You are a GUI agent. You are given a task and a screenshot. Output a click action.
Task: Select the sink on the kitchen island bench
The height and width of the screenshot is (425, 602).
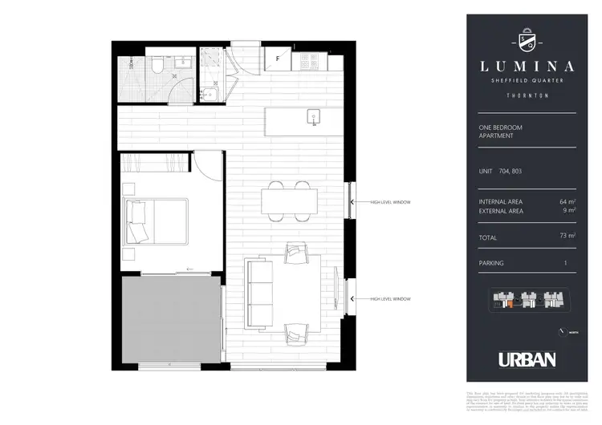tap(313, 119)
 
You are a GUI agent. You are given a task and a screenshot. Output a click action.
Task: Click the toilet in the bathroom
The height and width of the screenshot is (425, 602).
tap(157, 67)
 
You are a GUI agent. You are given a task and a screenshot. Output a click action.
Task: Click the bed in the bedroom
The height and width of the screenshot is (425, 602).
tap(154, 221)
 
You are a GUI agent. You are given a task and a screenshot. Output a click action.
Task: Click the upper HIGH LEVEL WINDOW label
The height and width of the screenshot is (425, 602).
tap(390, 202)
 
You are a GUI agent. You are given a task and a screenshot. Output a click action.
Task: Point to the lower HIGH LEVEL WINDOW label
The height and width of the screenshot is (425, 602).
tap(390, 299)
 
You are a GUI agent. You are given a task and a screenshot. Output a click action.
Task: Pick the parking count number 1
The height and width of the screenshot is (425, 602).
tap(566, 262)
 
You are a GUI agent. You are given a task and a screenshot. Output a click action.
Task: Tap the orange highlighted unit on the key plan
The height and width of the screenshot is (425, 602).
tap(510, 304)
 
